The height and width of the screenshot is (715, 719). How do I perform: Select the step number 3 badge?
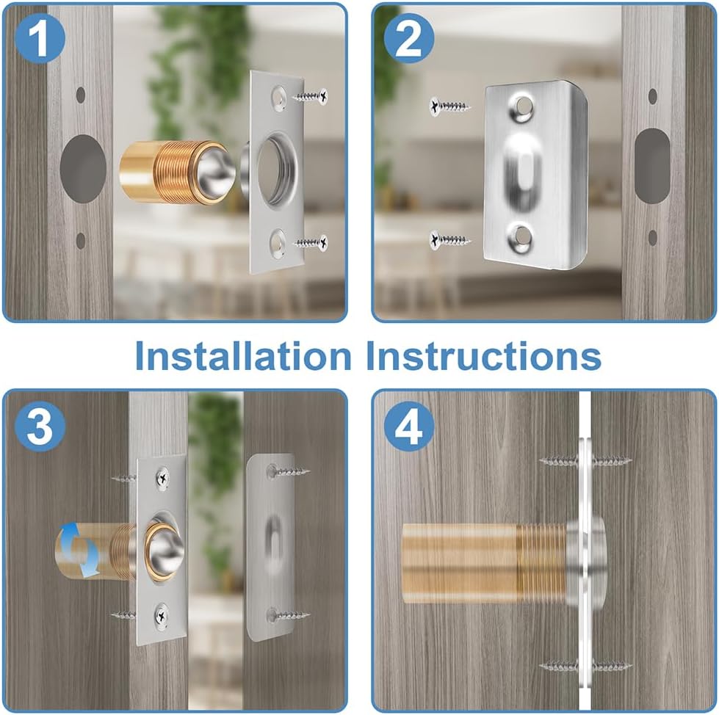pyautogui.click(x=40, y=426)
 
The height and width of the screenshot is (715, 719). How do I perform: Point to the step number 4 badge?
pyautogui.click(x=409, y=426)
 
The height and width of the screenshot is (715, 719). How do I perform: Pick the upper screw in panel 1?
pyautogui.click(x=310, y=95)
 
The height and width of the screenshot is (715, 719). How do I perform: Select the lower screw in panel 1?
pyautogui.click(x=310, y=242)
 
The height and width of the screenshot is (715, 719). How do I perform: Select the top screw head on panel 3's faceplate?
pyautogui.click(x=162, y=478)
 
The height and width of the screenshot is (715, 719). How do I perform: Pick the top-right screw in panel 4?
pyautogui.click(x=611, y=461)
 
